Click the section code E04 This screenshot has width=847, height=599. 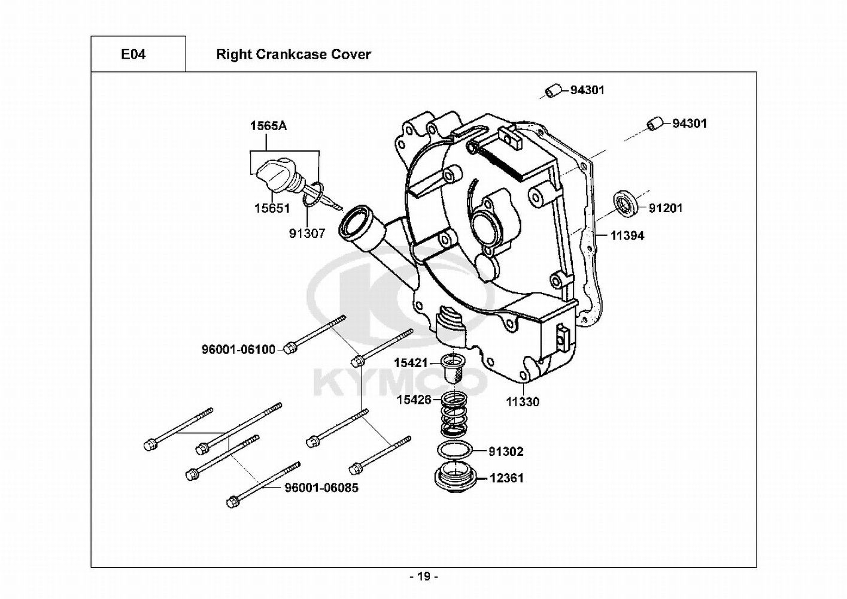(133, 55)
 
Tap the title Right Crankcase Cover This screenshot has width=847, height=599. (293, 55)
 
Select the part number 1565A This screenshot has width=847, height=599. (269, 126)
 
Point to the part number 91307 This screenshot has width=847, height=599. (307, 234)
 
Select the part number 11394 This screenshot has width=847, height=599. (627, 236)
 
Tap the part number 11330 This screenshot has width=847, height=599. (523, 402)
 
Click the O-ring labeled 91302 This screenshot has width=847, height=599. (456, 450)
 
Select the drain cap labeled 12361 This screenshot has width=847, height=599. (456, 479)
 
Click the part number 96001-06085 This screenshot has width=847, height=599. (321, 488)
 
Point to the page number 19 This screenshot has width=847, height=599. (424, 577)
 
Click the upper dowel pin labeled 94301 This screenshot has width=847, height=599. (553, 91)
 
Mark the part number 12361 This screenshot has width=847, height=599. (506, 478)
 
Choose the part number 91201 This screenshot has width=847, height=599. (666, 208)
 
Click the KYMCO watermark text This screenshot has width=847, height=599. (400, 382)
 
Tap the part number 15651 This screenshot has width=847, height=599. (272, 208)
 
